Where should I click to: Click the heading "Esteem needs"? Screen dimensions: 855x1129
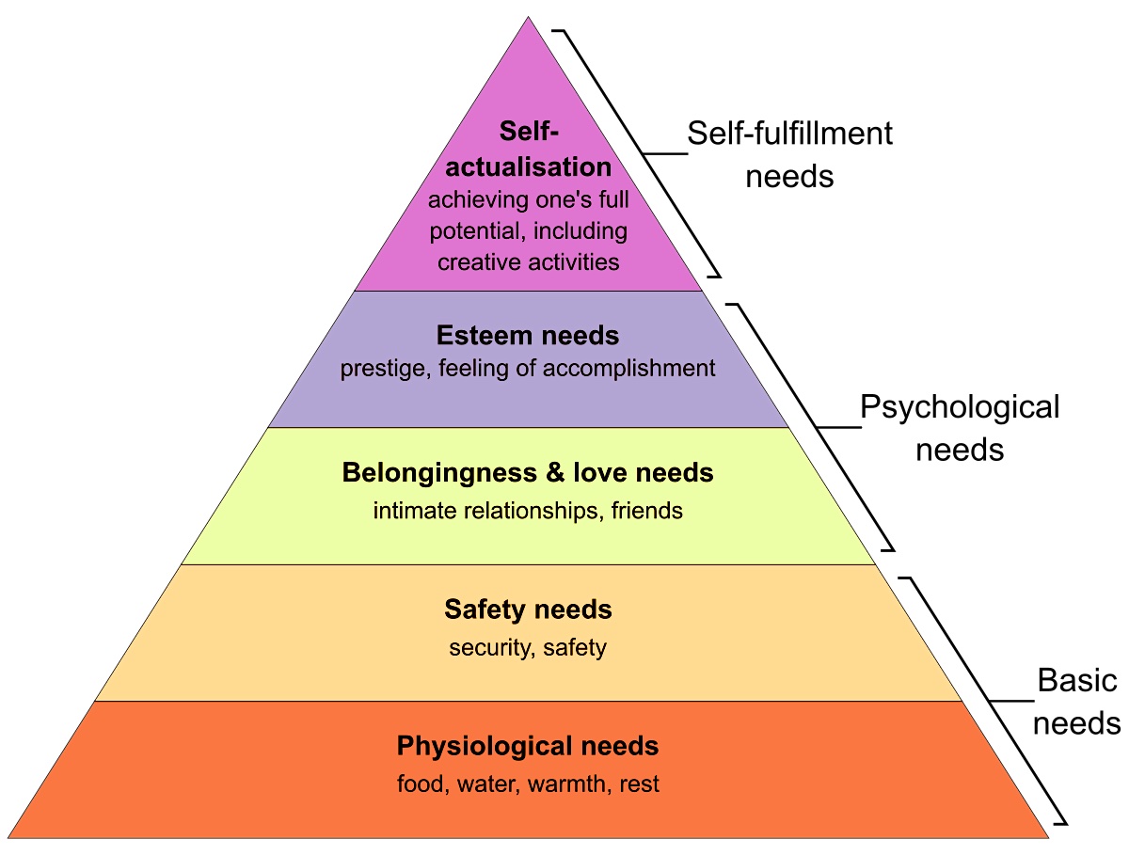point(528,335)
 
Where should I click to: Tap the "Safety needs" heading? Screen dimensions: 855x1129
point(528,610)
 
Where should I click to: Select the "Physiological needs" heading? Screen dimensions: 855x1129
point(528,747)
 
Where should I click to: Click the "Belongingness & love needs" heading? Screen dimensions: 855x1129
point(528,472)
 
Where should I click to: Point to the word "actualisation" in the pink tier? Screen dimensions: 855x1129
point(528,167)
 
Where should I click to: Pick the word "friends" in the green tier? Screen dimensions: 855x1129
point(646,511)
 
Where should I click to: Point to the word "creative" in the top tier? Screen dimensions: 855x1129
point(477,261)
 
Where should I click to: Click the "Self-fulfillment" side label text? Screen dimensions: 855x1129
point(789,134)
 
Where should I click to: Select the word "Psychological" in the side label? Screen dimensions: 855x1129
point(960,408)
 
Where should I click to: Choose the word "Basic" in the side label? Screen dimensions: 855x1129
point(1077,681)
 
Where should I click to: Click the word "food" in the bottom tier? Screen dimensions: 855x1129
point(420,784)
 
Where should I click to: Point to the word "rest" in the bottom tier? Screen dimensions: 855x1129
point(640,784)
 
